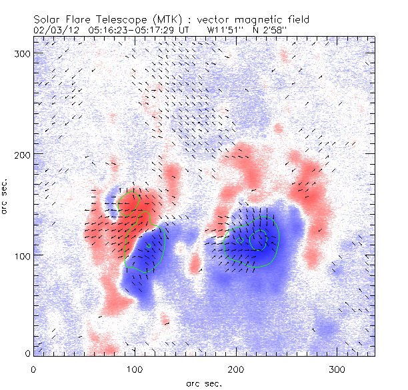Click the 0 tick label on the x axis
[x=33, y=369]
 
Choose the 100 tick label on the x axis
[x=135, y=369]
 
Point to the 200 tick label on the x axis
[x=236, y=369]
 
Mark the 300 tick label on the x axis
[x=337, y=369]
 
